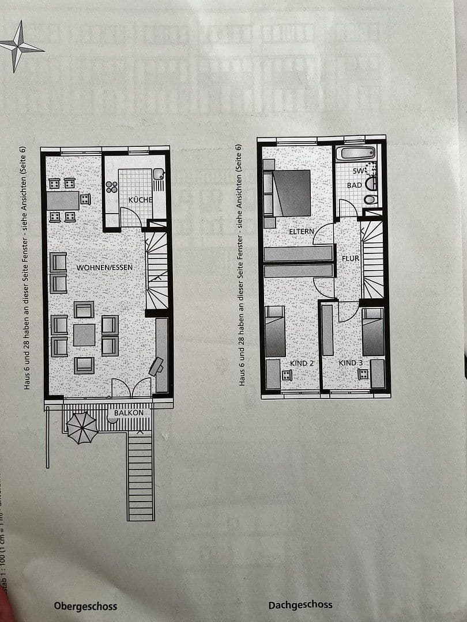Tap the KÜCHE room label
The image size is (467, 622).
pyautogui.click(x=141, y=200)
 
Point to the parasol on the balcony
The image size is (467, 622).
pyautogui.click(x=82, y=427)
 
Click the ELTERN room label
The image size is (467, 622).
pyautogui.click(x=302, y=232)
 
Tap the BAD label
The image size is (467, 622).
pyautogui.click(x=355, y=185)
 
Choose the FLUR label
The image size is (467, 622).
pyautogui.click(x=350, y=259)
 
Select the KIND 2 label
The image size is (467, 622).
pyautogui.click(x=302, y=363)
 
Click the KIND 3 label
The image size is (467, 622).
pyautogui.click(x=351, y=363)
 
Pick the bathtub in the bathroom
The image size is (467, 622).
pyautogui.click(x=356, y=153)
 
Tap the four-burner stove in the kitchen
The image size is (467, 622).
pyautogui.click(x=111, y=187)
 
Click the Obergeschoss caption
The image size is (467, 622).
pyautogui.click(x=85, y=606)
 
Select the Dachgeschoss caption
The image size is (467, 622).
pyautogui.click(x=300, y=605)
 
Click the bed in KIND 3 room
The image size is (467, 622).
pyautogui.click(x=373, y=332)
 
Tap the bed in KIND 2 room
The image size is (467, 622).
pyautogui.click(x=275, y=331)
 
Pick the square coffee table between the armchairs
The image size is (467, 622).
pyautogui.click(x=84, y=335)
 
